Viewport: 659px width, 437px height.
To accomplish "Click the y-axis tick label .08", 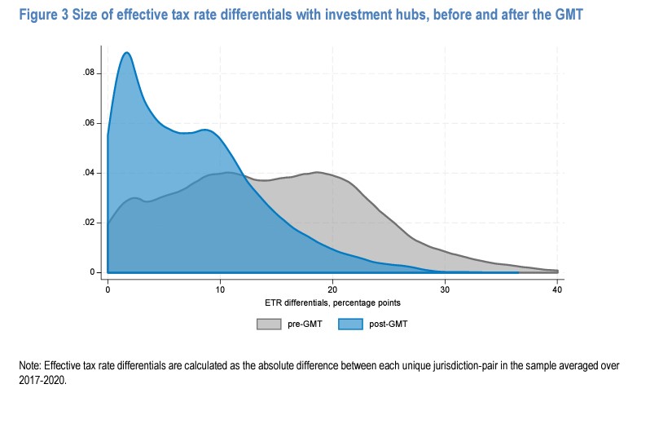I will click(x=89, y=73).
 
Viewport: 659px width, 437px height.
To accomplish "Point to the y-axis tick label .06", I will click(x=89, y=123).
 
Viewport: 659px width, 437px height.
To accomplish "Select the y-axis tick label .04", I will click(x=89, y=173).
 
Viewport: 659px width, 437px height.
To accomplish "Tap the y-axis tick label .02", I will click(x=89, y=223).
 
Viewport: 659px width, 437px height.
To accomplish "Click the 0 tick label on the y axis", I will click(x=93, y=272).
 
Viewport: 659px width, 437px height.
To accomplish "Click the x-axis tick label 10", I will click(x=220, y=290).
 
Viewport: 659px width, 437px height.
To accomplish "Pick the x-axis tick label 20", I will click(x=332, y=290).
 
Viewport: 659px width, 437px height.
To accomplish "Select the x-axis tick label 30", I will click(x=445, y=290).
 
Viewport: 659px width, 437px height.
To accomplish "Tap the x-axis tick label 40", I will click(x=557, y=290).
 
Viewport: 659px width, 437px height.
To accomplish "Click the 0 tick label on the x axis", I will click(x=108, y=290).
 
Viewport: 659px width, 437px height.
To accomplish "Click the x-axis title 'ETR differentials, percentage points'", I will click(x=332, y=302).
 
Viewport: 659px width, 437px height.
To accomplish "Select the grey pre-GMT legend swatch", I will click(x=268, y=324).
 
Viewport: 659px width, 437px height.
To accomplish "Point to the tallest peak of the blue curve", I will click(x=127, y=53).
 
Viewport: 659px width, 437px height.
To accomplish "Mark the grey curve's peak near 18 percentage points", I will click(x=316, y=172).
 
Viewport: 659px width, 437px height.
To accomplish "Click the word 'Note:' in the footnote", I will click(x=30, y=367).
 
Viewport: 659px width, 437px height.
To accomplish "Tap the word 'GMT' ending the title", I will click(x=568, y=15).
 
